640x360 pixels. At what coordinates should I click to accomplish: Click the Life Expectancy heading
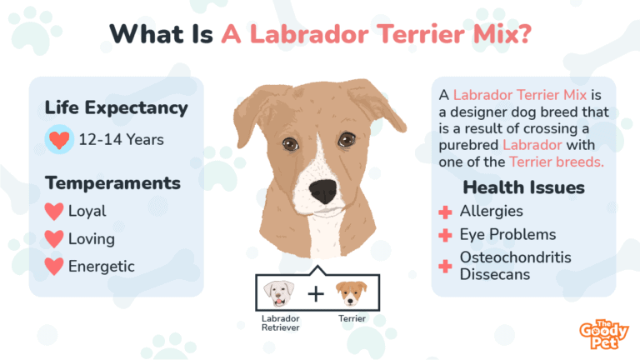(x=116, y=108)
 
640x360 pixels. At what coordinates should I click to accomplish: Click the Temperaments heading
(x=112, y=182)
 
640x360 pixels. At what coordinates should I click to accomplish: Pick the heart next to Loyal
(x=54, y=212)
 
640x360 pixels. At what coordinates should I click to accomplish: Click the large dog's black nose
(x=322, y=192)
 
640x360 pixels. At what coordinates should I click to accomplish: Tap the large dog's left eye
(x=288, y=145)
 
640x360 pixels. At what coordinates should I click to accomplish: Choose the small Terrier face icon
(x=351, y=294)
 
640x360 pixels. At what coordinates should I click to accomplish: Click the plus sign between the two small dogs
(x=315, y=294)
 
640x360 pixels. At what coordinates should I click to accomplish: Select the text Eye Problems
(x=507, y=235)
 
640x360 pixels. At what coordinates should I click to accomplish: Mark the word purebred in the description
(x=472, y=143)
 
